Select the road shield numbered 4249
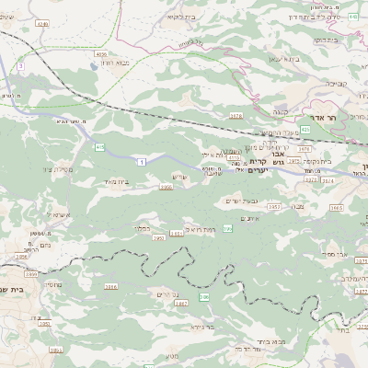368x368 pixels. [42, 21]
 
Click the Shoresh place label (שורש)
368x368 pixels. [179, 178]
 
